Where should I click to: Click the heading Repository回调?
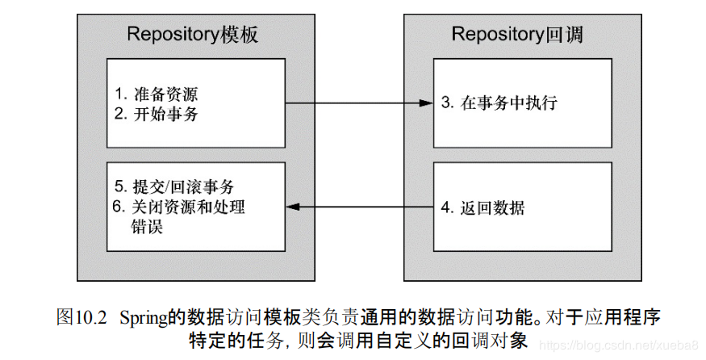tap(517, 34)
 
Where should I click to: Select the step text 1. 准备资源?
tap(156, 93)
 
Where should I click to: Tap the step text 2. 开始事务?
tap(156, 114)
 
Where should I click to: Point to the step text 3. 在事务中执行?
tap(499, 103)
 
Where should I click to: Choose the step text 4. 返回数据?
tap(483, 207)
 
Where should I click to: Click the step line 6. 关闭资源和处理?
tap(178, 207)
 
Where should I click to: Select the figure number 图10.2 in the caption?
tap(81, 316)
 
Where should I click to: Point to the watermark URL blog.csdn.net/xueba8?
tap(622, 345)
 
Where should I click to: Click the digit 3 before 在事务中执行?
tap(446, 103)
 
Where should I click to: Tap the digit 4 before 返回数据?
tap(446, 207)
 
